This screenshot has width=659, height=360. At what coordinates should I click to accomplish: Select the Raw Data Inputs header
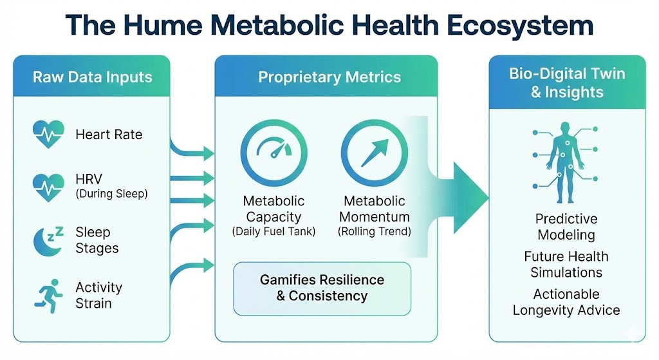click(x=93, y=78)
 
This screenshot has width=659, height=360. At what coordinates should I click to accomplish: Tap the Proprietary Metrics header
click(x=329, y=78)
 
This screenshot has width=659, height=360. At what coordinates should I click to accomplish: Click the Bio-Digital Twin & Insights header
click(x=566, y=82)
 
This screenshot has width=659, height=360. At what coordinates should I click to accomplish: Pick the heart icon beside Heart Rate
click(x=48, y=135)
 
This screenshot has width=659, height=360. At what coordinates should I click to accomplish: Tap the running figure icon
click(x=48, y=295)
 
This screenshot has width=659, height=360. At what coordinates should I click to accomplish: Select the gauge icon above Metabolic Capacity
click(x=274, y=152)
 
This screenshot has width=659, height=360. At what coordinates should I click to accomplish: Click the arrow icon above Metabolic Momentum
click(x=373, y=152)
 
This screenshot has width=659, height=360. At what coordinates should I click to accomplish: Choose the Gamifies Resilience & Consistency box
click(x=322, y=288)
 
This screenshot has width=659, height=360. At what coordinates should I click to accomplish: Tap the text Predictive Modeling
click(x=566, y=227)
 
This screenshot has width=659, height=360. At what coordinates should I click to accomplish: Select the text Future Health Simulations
click(x=566, y=264)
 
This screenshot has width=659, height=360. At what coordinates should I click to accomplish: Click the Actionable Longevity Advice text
click(x=566, y=302)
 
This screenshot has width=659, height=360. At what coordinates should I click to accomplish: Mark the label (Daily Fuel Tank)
click(x=274, y=232)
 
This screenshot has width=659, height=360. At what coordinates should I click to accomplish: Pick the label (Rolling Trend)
click(x=374, y=232)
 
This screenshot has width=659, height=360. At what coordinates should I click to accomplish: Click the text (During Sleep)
click(x=111, y=194)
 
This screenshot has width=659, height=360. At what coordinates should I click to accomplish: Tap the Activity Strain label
click(x=98, y=295)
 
